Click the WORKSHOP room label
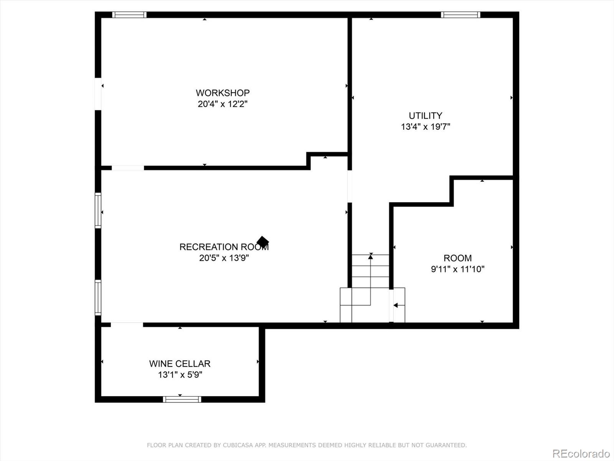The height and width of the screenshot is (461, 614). point(223,93)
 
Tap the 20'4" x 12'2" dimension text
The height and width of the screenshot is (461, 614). point(223,104)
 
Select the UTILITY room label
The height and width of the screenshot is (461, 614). point(425,116)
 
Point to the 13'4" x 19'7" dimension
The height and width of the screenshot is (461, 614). point(425,127)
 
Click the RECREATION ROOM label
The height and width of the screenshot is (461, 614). point(224,247)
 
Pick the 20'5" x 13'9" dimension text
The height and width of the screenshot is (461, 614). point(224,258)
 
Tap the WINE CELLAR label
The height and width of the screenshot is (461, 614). point(180,364)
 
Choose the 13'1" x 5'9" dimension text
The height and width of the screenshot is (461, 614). point(180,375)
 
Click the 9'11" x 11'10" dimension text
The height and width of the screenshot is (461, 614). point(457,269)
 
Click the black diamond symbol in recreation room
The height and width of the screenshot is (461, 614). point(262,242)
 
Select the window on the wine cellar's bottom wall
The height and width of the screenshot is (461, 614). point(182,400)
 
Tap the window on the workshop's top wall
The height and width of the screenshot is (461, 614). point(129,15)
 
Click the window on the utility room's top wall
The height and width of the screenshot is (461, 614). point(460,15)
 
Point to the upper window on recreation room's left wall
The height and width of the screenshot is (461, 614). point(98,211)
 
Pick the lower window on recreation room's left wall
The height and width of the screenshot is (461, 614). point(98,298)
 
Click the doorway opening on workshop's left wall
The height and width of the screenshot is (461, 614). point(98,94)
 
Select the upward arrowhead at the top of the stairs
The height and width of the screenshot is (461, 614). point(370,257)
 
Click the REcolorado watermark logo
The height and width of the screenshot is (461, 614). point(581,453)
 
